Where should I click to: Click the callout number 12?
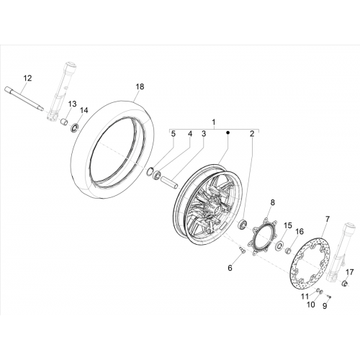(x=27, y=78)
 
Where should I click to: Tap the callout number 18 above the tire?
(x=140, y=86)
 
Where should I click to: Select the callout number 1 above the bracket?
(x=213, y=122)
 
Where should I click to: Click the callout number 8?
(x=272, y=202)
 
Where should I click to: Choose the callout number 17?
(x=350, y=272)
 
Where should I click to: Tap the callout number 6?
(x=230, y=268)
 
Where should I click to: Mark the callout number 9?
(x=325, y=306)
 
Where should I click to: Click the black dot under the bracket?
(x=228, y=132)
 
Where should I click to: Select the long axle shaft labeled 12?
(x=24, y=99)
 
